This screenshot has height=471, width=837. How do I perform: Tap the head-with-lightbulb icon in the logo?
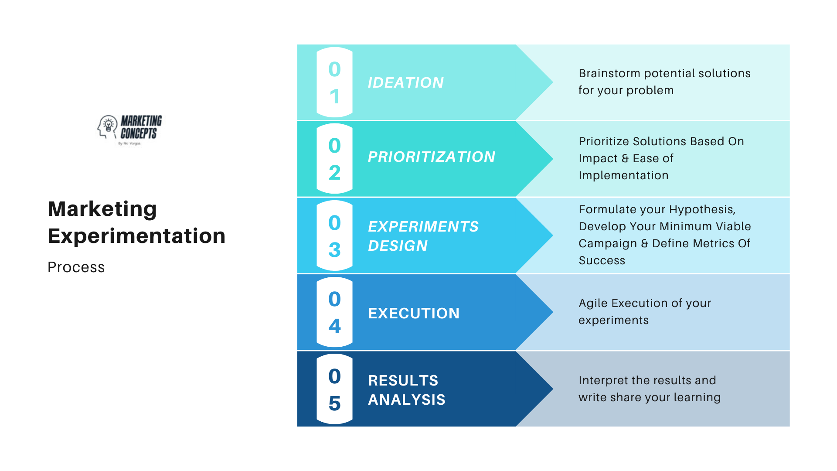click(107, 126)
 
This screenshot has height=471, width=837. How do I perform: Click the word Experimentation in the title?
click(136, 236)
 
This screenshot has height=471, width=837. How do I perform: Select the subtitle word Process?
click(76, 267)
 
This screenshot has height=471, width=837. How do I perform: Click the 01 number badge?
click(334, 82)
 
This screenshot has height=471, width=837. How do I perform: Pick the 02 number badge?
click(334, 159)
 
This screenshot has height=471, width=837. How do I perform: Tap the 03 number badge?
click(334, 235)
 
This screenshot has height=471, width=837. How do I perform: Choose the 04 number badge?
click(334, 312)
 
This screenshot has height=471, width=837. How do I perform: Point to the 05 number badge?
click(334, 389)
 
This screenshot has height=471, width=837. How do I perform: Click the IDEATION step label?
click(406, 82)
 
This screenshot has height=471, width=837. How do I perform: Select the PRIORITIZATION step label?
click(432, 157)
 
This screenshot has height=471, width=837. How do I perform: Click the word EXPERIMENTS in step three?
click(423, 226)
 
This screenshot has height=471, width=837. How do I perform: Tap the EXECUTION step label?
click(414, 313)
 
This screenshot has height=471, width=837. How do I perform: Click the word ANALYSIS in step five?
click(407, 399)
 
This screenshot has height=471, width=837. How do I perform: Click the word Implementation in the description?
click(623, 175)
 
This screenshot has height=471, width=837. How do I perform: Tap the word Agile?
click(593, 303)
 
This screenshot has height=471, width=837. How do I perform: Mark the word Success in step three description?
click(602, 260)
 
